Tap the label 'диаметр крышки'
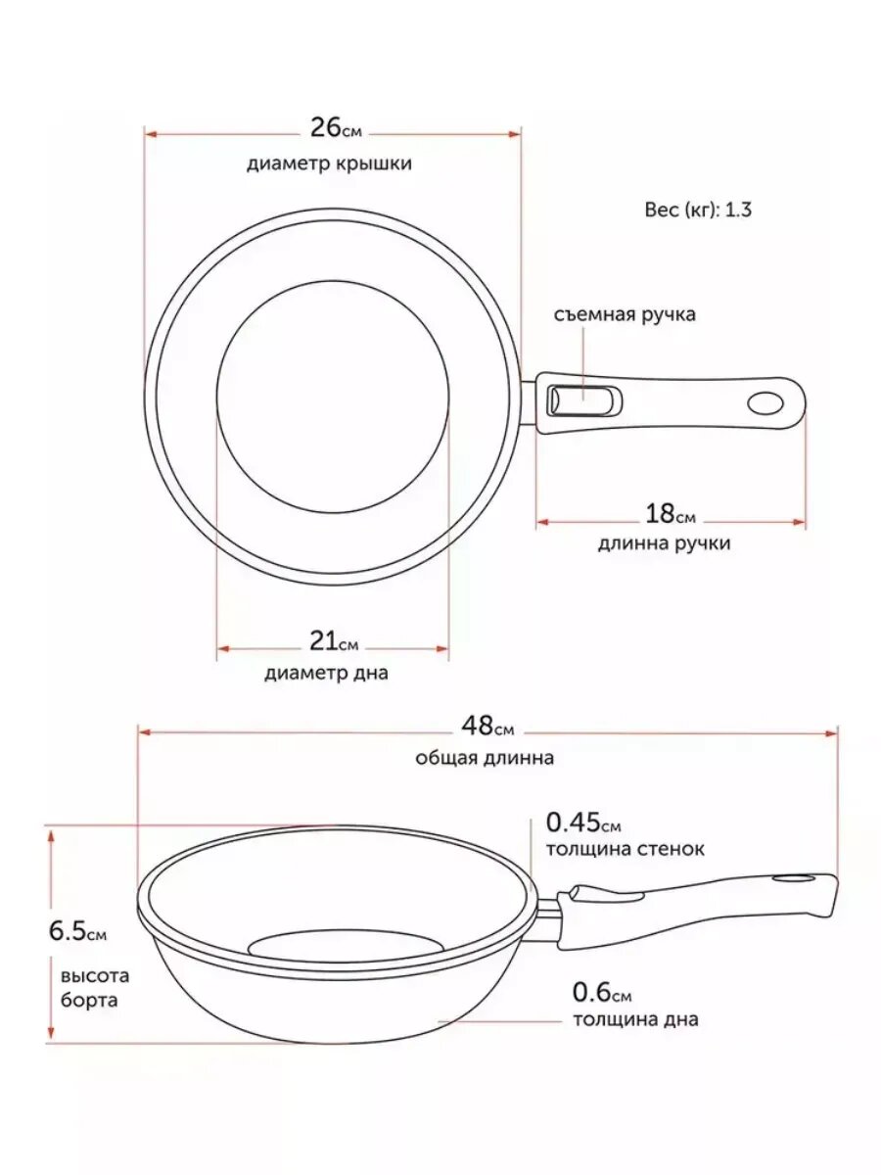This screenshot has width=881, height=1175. coord(329,164)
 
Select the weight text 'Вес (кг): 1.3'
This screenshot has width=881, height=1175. coord(698,209)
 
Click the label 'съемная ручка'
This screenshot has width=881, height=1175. coord(625,315)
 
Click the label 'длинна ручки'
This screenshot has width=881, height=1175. coord(664,543)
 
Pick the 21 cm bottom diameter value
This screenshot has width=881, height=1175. coord(334,642)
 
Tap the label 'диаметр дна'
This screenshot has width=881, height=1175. coord(326,673)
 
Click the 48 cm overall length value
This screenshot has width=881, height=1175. coord(487,728)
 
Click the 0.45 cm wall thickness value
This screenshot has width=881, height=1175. coord(583,822)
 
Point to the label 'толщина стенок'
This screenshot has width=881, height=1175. coord(625,849)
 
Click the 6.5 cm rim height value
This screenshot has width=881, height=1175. coord(77,931)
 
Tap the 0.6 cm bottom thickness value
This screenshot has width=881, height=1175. coord(603,992)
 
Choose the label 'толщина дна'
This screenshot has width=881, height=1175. coord(635,1020)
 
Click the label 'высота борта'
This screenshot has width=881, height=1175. coord(95,988)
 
